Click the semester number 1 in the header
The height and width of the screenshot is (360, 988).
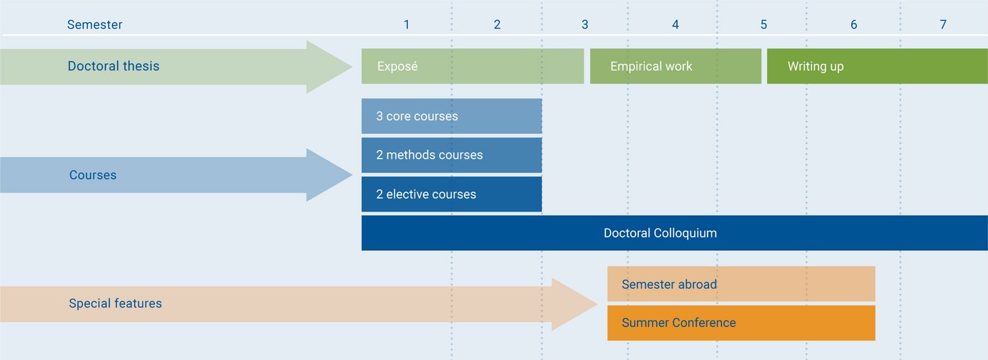pyautogui.click(x=407, y=24)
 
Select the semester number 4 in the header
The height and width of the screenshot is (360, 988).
pyautogui.click(x=675, y=24)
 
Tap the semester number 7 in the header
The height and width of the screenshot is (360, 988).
pyautogui.click(x=943, y=24)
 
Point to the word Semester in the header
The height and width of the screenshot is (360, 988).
pyautogui.click(x=95, y=24)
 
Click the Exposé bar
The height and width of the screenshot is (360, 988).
pyautogui.click(x=472, y=67)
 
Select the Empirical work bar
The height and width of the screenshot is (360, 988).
pyautogui.click(x=675, y=67)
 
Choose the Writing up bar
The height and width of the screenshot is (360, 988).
pyautogui.click(x=877, y=67)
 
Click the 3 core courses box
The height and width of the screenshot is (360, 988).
pyautogui.click(x=451, y=116)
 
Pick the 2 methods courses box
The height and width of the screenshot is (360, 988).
pyautogui.click(x=451, y=155)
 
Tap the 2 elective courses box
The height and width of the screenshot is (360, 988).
pyautogui.click(x=451, y=194)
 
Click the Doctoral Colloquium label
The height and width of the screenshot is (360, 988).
pyautogui.click(x=660, y=233)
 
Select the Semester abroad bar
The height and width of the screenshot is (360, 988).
pyautogui.click(x=741, y=284)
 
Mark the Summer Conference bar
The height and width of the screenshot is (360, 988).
pyautogui.click(x=741, y=323)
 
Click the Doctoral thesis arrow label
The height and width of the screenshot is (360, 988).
pyautogui.click(x=113, y=66)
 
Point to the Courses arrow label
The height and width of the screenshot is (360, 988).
pyautogui.click(x=92, y=175)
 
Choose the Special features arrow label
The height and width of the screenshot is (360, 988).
pyautogui.click(x=115, y=303)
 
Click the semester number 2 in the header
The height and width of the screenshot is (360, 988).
pyautogui.click(x=497, y=24)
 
